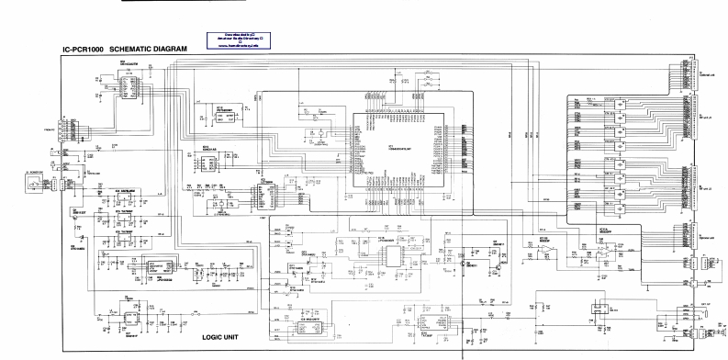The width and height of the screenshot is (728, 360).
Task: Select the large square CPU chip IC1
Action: coord(397,155)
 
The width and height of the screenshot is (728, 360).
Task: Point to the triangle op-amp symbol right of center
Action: coord(532,248)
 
